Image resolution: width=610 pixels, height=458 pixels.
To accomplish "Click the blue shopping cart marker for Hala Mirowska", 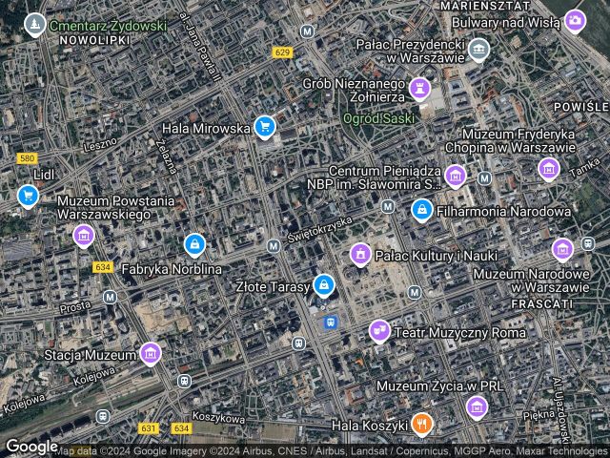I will (265, 126).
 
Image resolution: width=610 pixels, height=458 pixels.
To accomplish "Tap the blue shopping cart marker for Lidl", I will (28, 196).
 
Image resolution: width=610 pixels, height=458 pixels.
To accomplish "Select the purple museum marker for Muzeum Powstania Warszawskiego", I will (84, 234).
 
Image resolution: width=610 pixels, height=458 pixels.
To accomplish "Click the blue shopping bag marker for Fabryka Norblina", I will (194, 245).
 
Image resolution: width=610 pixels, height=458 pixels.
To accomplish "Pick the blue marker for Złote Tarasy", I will (324, 284).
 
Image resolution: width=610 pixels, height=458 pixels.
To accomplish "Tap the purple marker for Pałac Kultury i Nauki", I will (360, 253).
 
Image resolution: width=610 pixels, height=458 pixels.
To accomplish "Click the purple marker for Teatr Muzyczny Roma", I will (379, 330).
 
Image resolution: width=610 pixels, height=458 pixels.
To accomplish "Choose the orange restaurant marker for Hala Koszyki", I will (421, 423).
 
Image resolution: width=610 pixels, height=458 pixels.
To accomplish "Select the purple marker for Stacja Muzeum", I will (150, 354).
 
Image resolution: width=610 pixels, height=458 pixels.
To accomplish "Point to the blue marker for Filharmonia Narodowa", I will (420, 209).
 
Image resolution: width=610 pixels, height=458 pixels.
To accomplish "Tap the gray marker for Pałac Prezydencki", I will (478, 48).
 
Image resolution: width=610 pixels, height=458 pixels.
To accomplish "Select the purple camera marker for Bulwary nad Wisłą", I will (575, 19).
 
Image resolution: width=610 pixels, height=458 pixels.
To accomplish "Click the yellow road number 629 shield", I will (280, 52).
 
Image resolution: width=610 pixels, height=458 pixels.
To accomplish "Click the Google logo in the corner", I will (31, 446).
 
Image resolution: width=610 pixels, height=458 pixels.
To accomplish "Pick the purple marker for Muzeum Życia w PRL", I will (477, 408).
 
